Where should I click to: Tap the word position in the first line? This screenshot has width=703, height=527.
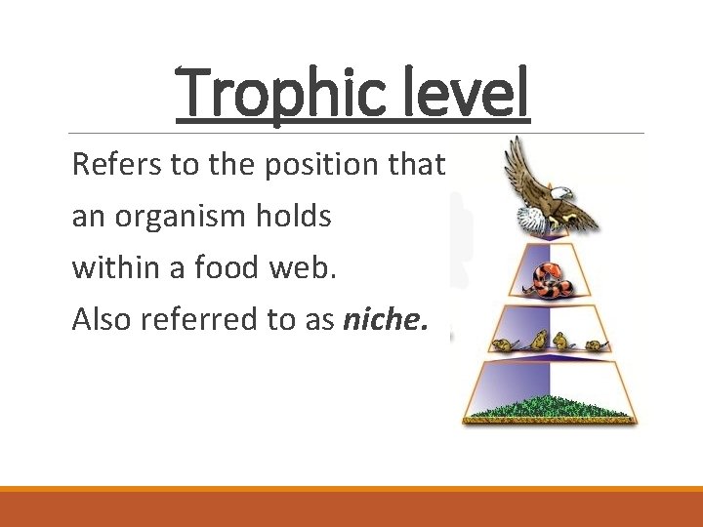click(x=321, y=166)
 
